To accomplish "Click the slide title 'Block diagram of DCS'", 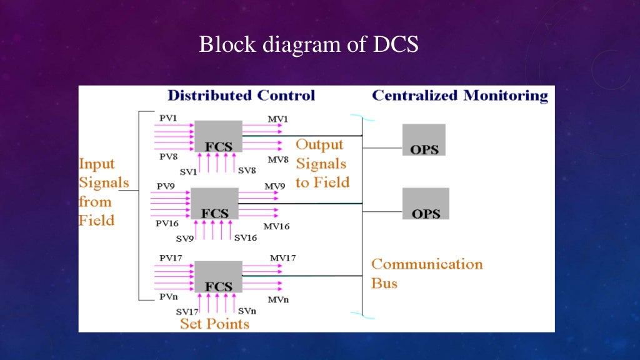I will click(x=309, y=45).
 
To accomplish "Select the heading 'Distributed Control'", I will click(x=241, y=96).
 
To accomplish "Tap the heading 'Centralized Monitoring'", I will click(x=459, y=96).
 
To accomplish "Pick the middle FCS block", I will click(x=214, y=203).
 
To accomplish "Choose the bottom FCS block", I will click(x=218, y=277).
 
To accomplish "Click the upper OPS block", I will click(x=424, y=139).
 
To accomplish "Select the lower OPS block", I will click(x=425, y=204).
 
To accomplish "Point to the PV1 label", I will click(x=168, y=117).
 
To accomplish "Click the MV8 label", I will click(x=278, y=160).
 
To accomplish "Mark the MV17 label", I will click(x=283, y=258).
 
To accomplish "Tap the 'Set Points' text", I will click(x=214, y=324).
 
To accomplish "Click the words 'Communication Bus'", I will click(x=427, y=273).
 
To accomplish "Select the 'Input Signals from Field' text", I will click(x=103, y=192).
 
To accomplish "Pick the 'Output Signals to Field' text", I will click(x=321, y=163).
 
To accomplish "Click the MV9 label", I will click(x=275, y=186).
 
